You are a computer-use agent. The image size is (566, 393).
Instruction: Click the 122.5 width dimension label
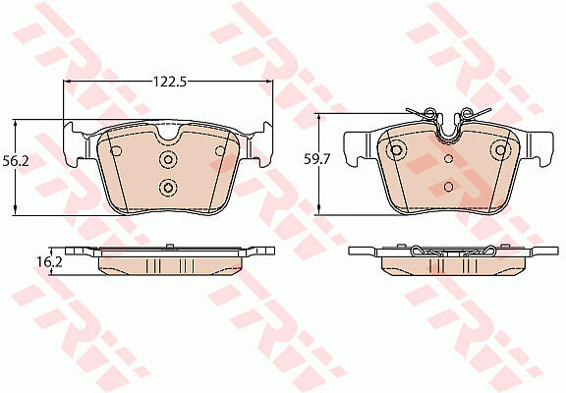point(170,83)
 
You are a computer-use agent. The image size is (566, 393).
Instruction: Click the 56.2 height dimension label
point(16,160)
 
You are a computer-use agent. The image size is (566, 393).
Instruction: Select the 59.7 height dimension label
point(317,159)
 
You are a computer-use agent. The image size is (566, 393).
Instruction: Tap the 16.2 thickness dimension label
point(50,262)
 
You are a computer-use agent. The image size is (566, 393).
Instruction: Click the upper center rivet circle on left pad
point(168,159)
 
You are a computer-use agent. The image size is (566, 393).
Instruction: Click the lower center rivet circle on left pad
point(168,188)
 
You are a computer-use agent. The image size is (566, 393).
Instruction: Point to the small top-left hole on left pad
point(116,151)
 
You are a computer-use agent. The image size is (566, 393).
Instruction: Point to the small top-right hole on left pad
point(219,151)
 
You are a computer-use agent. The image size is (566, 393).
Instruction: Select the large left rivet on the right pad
point(396,149)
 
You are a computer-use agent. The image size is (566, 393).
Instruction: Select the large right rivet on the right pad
point(501,149)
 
